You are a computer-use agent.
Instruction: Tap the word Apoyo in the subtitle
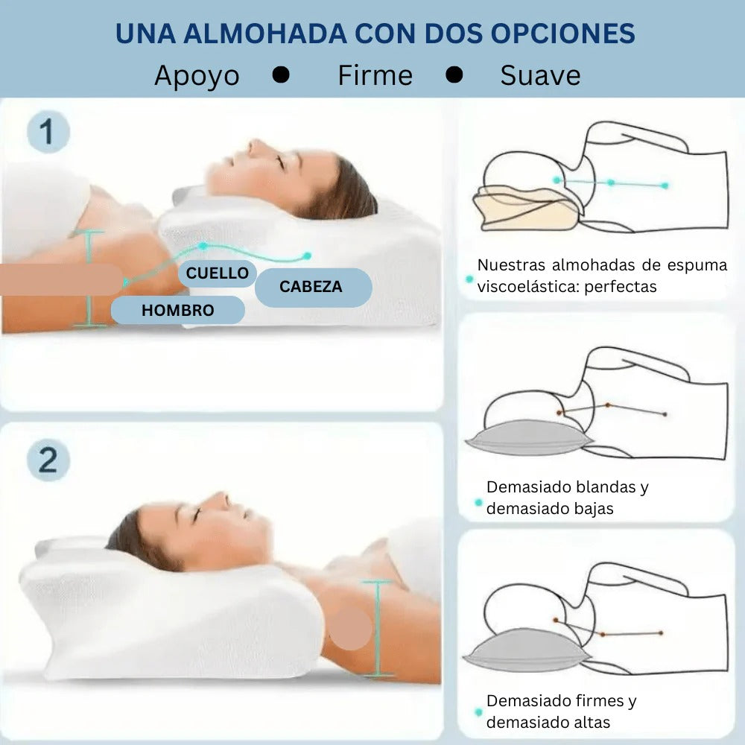pyautogui.click(x=197, y=75)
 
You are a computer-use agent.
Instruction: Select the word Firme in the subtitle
pyautogui.click(x=375, y=75)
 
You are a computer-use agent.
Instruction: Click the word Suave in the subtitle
pyautogui.click(x=540, y=75)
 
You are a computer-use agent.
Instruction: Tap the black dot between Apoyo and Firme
pyautogui.click(x=281, y=74)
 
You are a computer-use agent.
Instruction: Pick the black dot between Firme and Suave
pyautogui.click(x=454, y=74)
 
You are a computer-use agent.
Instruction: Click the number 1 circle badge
pyautogui.click(x=48, y=133)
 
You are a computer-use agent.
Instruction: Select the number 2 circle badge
pyautogui.click(x=48, y=460)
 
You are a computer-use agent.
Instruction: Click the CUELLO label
pyautogui.click(x=218, y=273)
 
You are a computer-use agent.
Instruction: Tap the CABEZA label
pyautogui.click(x=311, y=287)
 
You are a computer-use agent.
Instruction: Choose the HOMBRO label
pyautogui.click(x=177, y=310)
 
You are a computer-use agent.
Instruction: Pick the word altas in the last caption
pyautogui.click(x=589, y=722)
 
